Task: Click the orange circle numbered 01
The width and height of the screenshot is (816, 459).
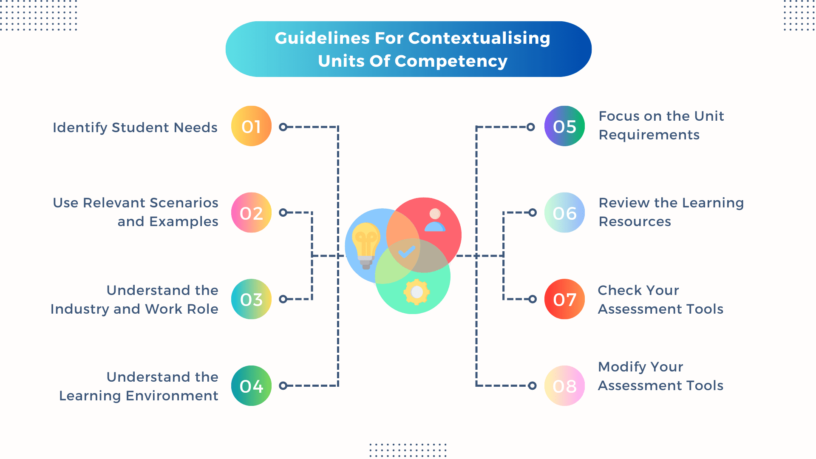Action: coord(251,126)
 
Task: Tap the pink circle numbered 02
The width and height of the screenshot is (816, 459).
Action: coord(251,212)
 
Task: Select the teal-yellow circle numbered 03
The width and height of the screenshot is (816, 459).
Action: coord(251,299)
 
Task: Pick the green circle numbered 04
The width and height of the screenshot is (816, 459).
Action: coord(251,386)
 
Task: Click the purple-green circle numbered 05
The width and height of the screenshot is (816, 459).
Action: coord(564,126)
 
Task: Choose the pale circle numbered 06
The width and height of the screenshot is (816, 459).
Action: coord(564,212)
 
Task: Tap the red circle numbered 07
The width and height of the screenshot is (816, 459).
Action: coord(564,299)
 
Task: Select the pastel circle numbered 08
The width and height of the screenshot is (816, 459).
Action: coord(564,386)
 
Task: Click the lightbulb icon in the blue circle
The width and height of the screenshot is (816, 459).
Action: coord(365,245)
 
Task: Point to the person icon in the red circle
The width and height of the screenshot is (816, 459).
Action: coord(435,220)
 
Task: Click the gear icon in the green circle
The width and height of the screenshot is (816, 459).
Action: coord(416,292)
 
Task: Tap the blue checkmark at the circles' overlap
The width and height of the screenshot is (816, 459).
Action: coord(406,252)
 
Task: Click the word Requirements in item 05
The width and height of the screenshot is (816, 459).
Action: coord(649,135)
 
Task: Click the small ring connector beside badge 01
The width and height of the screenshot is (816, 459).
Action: coord(283,127)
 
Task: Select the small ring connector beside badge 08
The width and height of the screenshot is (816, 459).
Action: coord(532,385)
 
